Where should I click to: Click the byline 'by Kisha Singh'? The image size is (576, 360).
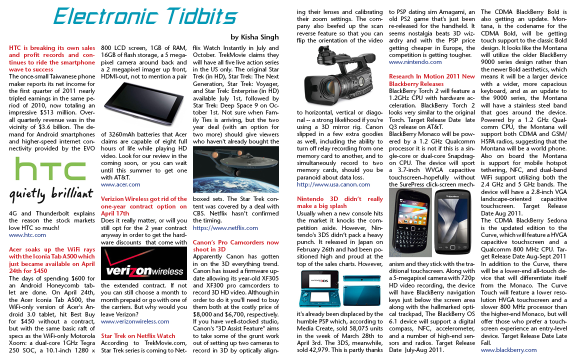click(x=254, y=37)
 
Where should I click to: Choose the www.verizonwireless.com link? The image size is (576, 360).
click(x=135, y=321)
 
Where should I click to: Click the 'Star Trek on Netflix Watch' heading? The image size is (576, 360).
click(x=138, y=336)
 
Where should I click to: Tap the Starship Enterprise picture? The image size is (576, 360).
click(x=235, y=169)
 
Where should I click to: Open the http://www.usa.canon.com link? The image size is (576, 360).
click(x=333, y=184)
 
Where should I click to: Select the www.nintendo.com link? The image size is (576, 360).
click(x=415, y=62)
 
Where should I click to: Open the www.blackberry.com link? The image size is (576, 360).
click(x=508, y=350)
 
